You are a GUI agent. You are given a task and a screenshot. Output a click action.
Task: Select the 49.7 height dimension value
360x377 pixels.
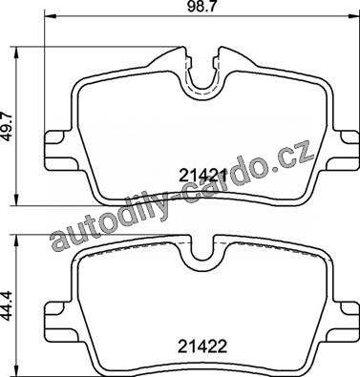pyautogui.click(x=7, y=126)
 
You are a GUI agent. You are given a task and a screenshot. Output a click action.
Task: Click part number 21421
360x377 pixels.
pyautogui.click(x=202, y=176)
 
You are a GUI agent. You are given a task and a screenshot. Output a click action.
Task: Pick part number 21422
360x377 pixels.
pyautogui.click(x=202, y=346)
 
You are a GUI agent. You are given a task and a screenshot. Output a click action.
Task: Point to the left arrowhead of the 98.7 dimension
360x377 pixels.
pyautogui.click(x=51, y=16)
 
